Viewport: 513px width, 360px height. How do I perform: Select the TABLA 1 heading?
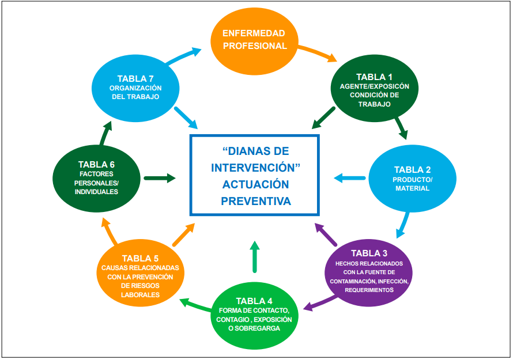tap(374, 77)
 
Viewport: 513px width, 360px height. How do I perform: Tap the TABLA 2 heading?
tap(412, 170)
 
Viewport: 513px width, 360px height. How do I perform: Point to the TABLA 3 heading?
tap(369, 253)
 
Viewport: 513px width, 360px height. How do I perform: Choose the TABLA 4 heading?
tap(254, 301)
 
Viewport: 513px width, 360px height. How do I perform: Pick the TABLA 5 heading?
tap(140, 259)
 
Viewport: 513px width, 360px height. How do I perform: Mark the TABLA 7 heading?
tap(135, 78)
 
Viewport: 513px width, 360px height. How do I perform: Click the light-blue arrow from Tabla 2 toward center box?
tap(349, 178)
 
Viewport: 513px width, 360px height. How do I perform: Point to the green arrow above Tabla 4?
tap(254, 256)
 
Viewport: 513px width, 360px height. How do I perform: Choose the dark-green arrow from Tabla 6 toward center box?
tap(160, 178)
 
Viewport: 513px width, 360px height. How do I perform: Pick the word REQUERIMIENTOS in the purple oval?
tap(369, 290)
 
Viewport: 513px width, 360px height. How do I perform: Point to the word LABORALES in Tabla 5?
tap(140, 295)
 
